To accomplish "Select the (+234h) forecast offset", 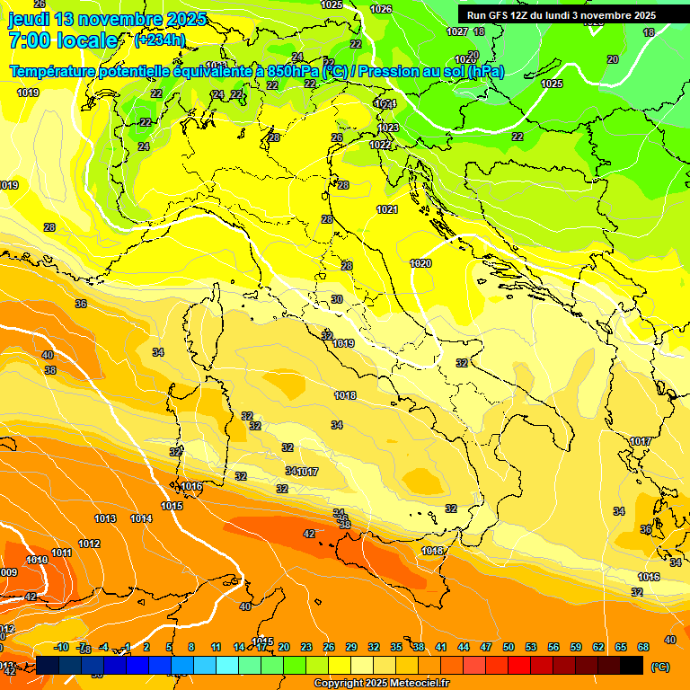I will point(160,40).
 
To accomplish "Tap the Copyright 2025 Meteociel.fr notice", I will point(382,684).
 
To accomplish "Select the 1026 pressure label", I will point(381,9).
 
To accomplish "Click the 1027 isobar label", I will point(457,31).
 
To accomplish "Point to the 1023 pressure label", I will point(388,128).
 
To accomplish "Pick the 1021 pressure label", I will point(387,209).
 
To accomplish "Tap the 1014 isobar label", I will point(141,518).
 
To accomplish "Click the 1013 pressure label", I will point(105,518).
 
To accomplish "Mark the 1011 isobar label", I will point(62,553).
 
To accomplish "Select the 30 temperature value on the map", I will point(337,299).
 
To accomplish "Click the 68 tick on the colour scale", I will point(643,647).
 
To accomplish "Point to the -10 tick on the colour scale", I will point(62,647).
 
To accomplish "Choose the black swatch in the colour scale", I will point(632,665).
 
